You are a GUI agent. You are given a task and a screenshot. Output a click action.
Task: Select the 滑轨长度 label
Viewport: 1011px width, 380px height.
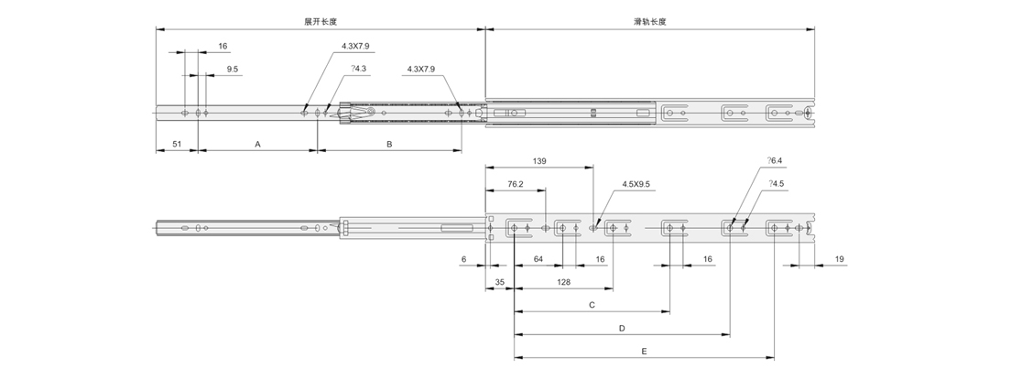coord(649,21)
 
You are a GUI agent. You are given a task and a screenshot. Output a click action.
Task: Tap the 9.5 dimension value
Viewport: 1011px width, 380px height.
coord(233,69)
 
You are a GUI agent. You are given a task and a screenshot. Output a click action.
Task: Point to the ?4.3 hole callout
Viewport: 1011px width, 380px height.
coord(358,69)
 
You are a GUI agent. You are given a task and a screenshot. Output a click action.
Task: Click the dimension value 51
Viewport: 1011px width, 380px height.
coord(177,144)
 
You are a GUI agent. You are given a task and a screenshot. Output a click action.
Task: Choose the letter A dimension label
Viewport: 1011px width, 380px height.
coord(257,144)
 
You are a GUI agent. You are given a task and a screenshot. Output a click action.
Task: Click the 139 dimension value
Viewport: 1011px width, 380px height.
coord(538,161)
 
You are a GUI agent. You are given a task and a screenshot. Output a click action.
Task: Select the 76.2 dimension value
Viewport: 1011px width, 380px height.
coord(516,184)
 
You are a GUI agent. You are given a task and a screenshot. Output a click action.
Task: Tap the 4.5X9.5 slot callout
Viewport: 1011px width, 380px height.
coord(636,184)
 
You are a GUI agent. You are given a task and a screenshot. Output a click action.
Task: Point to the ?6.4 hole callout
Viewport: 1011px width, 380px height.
coord(776,161)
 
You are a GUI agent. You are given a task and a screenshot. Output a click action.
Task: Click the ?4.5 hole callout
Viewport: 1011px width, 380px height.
coord(776,184)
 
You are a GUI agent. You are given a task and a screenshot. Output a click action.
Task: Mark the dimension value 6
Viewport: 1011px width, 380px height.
coord(464,260)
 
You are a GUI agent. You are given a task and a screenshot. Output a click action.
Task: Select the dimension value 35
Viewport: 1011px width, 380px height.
coord(500,282)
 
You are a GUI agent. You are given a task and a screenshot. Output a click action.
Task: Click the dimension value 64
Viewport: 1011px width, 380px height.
coord(538,260)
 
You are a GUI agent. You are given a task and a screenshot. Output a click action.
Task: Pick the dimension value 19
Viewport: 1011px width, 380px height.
coord(839,260)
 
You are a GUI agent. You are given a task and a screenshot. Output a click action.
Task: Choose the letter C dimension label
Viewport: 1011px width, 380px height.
coord(592,304)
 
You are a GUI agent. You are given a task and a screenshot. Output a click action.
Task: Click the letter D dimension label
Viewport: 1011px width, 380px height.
coord(622,327)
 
